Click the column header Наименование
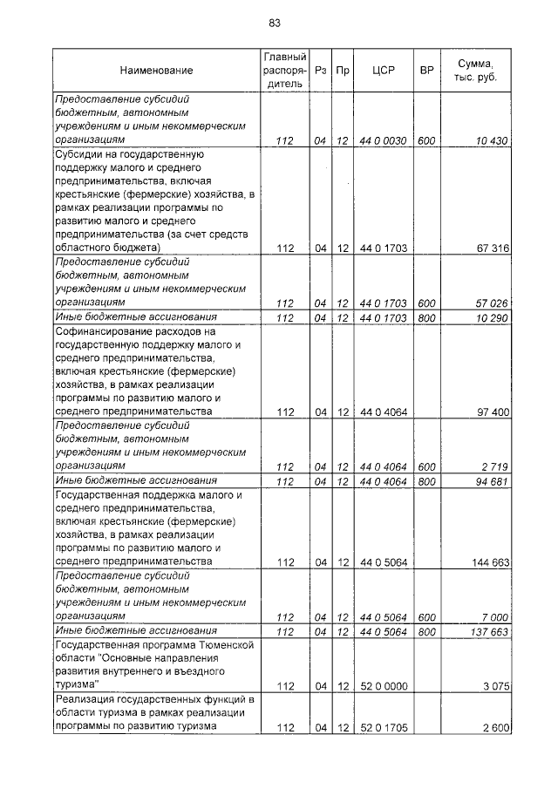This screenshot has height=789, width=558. click(157, 70)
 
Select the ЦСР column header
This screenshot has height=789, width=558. click(384, 70)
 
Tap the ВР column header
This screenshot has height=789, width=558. click(426, 70)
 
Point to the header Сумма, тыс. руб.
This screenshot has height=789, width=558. click(475, 70)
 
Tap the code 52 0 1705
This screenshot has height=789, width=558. click(384, 727)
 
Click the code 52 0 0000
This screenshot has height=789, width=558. click(384, 686)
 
